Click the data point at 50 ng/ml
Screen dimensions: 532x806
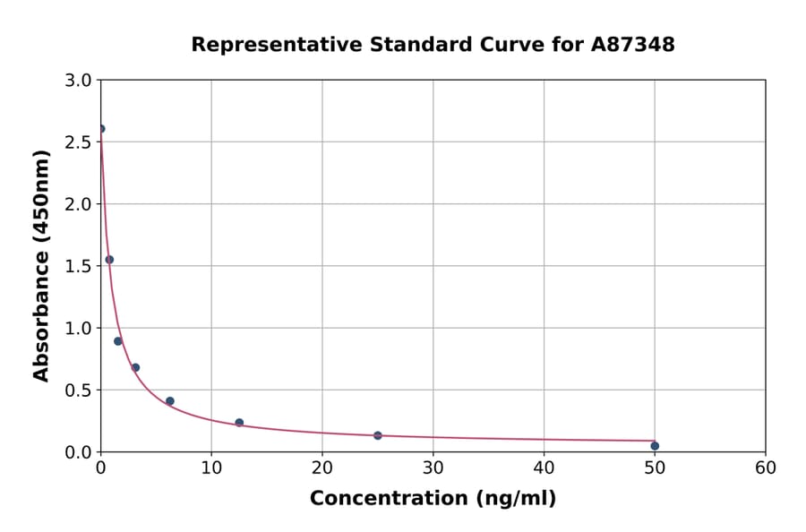pyautogui.click(x=655, y=446)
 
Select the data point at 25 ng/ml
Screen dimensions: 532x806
pyautogui.click(x=378, y=435)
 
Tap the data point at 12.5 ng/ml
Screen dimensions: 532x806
pyautogui.click(x=239, y=423)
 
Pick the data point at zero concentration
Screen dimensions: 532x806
pyautogui.click(x=101, y=129)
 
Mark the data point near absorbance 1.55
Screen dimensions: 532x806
pyautogui.click(x=109, y=260)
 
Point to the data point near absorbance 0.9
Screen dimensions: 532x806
pyautogui.click(x=118, y=341)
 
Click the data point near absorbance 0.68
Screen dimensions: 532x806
pyautogui.click(x=135, y=367)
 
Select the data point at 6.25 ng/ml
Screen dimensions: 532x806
pyautogui.click(x=170, y=401)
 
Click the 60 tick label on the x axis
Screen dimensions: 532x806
pyautogui.click(x=766, y=468)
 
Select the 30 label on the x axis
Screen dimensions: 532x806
pyautogui.click(x=433, y=468)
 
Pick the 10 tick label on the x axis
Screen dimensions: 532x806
pyautogui.click(x=211, y=468)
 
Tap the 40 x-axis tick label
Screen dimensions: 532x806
pyautogui.click(x=544, y=468)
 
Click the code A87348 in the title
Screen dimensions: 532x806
pyautogui.click(x=633, y=45)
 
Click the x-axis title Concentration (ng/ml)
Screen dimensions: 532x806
pyautogui.click(x=433, y=499)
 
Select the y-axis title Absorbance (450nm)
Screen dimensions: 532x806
pyautogui.click(x=41, y=265)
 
